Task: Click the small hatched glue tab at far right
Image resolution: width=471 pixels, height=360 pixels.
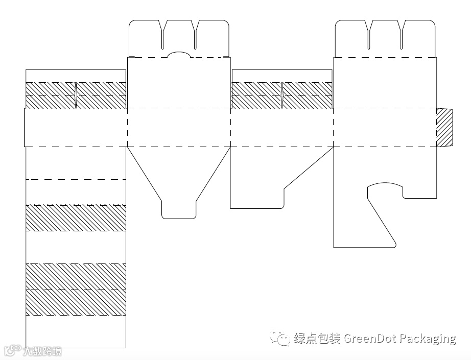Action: pyautogui.click(x=444, y=127)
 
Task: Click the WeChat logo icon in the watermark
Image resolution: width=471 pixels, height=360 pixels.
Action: pyautogui.click(x=280, y=338)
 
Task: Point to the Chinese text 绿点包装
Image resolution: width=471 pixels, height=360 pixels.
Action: pyautogui.click(x=317, y=338)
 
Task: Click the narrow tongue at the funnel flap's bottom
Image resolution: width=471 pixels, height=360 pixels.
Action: pyautogui.click(x=179, y=209)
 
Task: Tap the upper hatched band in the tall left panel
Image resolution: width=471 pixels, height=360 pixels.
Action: pyautogui.click(x=76, y=218)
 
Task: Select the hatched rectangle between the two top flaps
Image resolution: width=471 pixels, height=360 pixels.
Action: pyautogui.click(x=282, y=95)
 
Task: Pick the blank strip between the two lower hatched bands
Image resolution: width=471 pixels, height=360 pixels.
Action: pyautogui.click(x=76, y=247)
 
